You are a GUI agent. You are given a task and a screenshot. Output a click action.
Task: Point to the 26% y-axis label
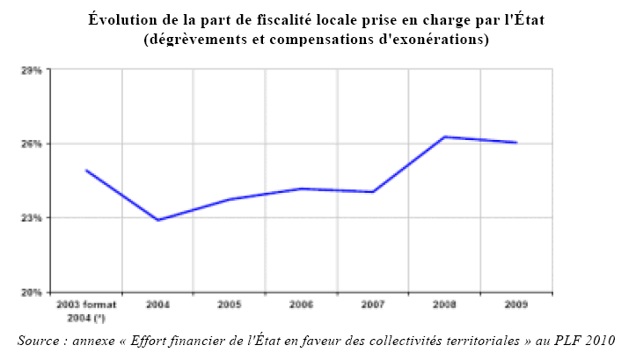pyautogui.click(x=33, y=143)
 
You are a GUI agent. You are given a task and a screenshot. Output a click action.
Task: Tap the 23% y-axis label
pyautogui.click(x=33, y=217)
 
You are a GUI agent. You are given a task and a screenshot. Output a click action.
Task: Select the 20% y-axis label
pyautogui.click(x=33, y=292)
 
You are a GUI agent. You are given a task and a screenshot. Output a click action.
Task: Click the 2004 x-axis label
pyautogui.click(x=157, y=305)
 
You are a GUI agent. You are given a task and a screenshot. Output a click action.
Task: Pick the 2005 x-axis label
pyautogui.click(x=229, y=305)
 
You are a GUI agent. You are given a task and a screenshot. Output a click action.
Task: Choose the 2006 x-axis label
pyautogui.click(x=301, y=305)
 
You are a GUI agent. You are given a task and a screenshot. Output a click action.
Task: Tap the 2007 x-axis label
pyautogui.click(x=373, y=305)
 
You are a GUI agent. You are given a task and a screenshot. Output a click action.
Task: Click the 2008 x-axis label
pyautogui.click(x=445, y=305)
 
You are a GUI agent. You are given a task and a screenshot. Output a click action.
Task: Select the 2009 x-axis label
pyautogui.click(x=516, y=305)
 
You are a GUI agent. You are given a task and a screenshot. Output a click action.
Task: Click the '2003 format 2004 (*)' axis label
pyautogui.click(x=85, y=310)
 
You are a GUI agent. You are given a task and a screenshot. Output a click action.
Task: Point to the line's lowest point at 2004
pyautogui.click(x=157, y=220)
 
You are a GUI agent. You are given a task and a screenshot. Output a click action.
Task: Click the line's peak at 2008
pyautogui.click(x=445, y=136)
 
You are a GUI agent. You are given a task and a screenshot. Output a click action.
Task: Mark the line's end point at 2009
pyautogui.click(x=516, y=143)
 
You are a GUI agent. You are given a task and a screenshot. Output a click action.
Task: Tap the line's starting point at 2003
pyautogui.click(x=85, y=170)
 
